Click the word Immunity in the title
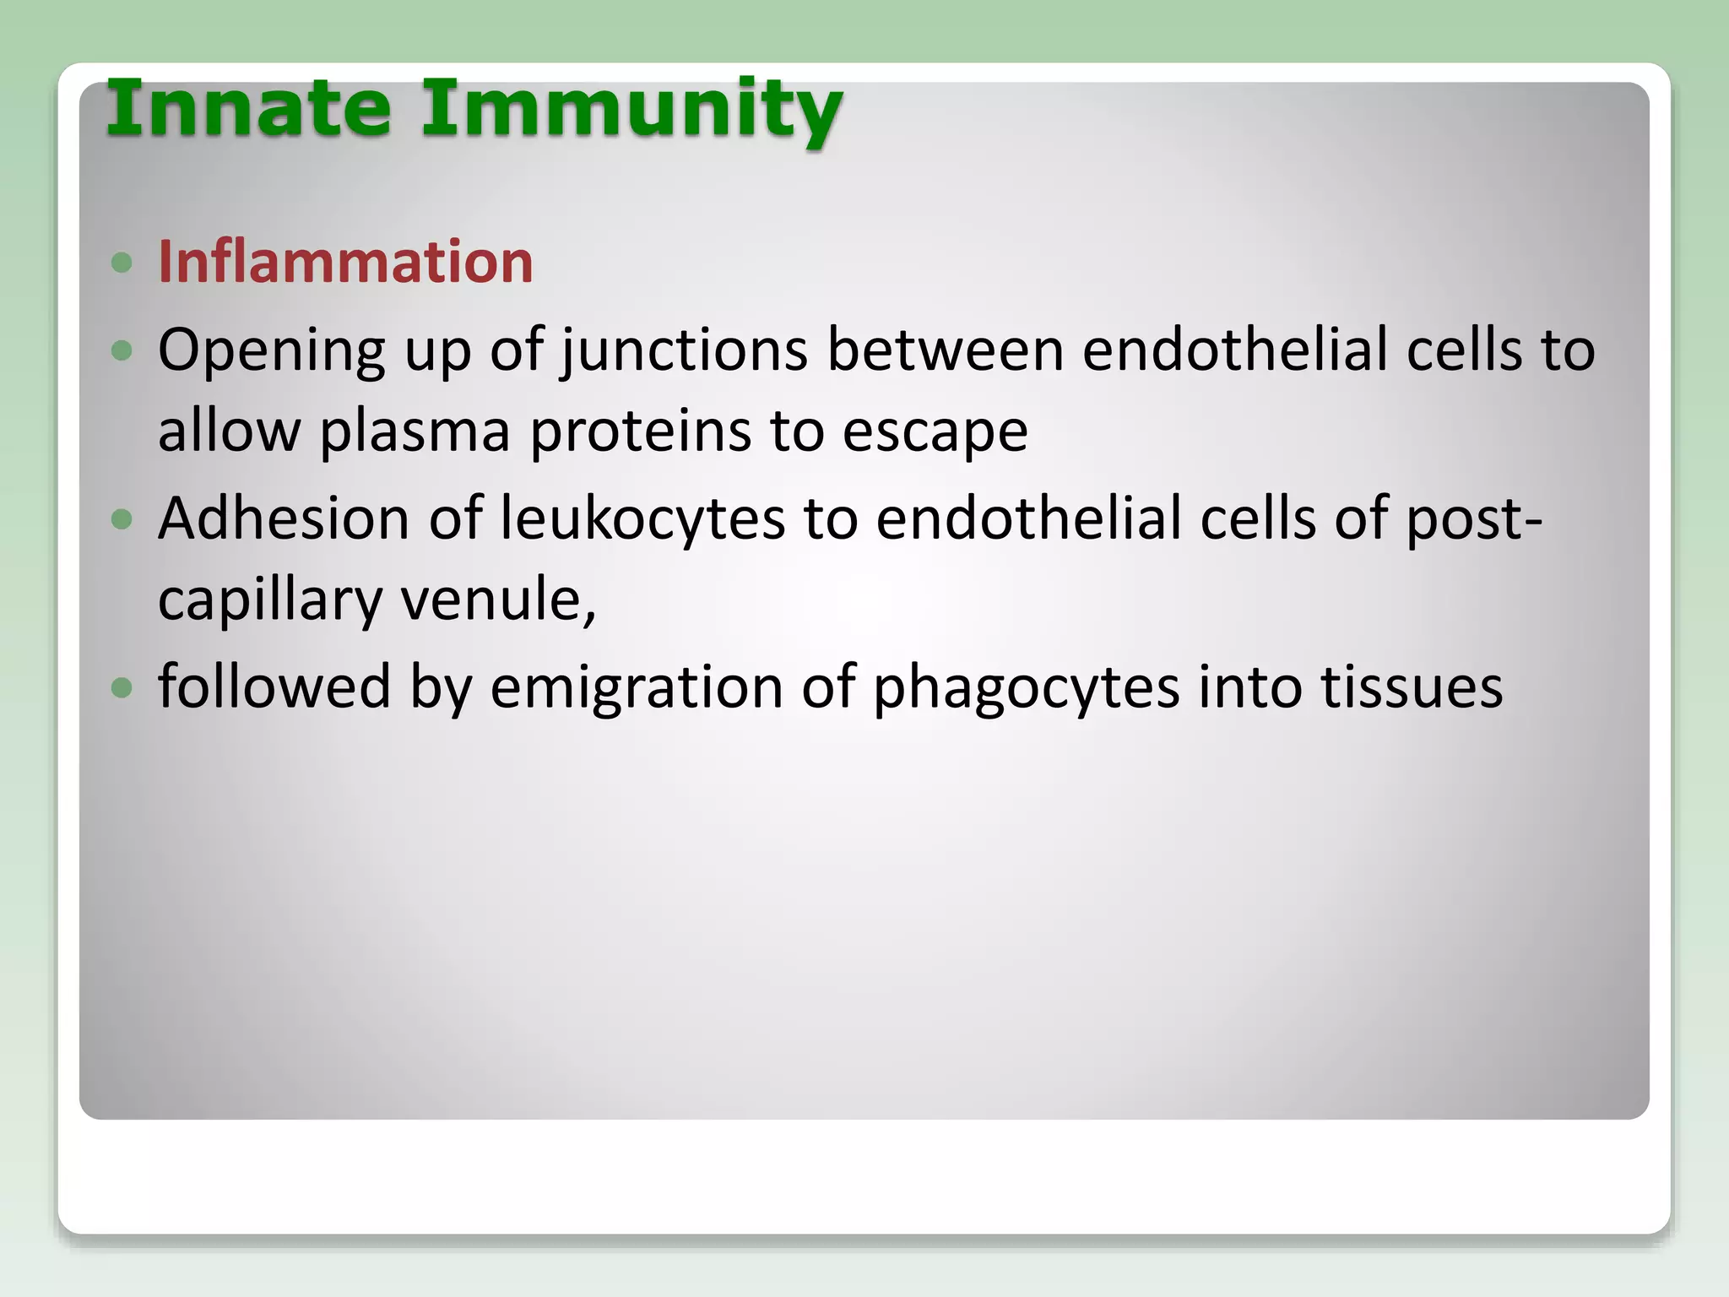(x=631, y=110)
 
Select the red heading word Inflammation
(x=345, y=262)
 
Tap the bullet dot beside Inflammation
(x=122, y=263)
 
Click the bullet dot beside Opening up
(x=122, y=350)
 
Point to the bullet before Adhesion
(x=122, y=518)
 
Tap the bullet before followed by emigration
(x=122, y=687)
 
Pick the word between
(x=945, y=350)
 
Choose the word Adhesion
(x=284, y=518)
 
